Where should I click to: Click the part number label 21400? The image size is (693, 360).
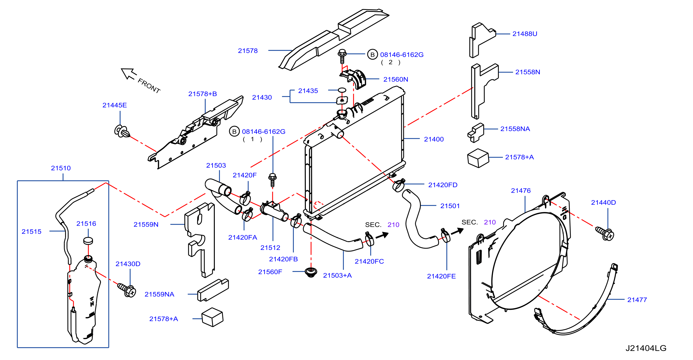coord(434,139)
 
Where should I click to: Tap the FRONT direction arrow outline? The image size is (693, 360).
coord(129,74)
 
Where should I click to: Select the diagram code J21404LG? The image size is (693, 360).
coord(646,348)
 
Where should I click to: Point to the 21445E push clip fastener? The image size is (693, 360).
coord(122,131)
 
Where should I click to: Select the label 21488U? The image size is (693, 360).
coord(525,34)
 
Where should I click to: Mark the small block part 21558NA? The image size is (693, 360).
coord(476,132)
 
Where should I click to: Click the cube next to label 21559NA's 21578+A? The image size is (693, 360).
coord(212,317)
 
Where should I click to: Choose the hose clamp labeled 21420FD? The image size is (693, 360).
coord(399,185)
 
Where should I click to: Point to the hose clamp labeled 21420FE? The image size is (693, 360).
coord(445,235)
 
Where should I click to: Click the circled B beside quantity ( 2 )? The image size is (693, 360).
coord(372,55)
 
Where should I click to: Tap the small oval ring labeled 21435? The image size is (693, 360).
coord(342,90)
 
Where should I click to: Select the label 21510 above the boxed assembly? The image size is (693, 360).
coord(61,168)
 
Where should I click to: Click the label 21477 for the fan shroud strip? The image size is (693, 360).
coord(637,300)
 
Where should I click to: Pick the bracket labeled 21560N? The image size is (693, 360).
coord(353,78)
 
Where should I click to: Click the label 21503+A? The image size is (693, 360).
coord(337,276)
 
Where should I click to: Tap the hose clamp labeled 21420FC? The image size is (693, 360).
coord(369,239)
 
